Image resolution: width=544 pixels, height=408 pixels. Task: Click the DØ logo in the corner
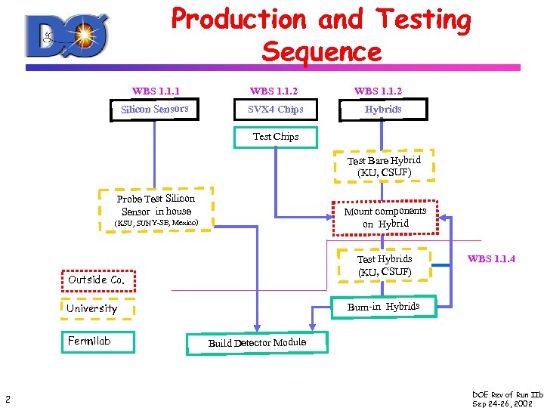tap(67, 36)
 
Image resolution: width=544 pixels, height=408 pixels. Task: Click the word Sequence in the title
tap(322, 52)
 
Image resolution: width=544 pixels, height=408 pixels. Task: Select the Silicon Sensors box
tap(155, 110)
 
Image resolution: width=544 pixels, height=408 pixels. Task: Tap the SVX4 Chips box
tap(276, 110)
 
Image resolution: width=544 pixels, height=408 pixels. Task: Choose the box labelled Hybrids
tap(383, 110)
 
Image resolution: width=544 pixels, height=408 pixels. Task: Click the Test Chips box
tap(276, 137)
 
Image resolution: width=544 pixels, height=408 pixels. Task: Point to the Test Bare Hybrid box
tap(384, 166)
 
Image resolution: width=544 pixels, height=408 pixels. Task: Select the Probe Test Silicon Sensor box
tap(157, 205)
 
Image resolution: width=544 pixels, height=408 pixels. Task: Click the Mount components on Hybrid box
tap(385, 217)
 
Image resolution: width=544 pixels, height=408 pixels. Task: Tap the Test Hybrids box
tap(385, 264)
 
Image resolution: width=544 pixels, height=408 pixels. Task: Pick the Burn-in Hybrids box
tap(384, 307)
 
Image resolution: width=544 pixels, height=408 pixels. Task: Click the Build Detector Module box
tap(257, 343)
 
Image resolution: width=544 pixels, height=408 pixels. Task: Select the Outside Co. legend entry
tap(97, 280)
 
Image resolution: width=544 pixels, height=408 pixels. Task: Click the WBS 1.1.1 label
tap(156, 91)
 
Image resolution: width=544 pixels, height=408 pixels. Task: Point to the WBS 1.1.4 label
tap(491, 259)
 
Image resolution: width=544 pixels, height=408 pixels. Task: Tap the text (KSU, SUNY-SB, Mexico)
tap(156, 223)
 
